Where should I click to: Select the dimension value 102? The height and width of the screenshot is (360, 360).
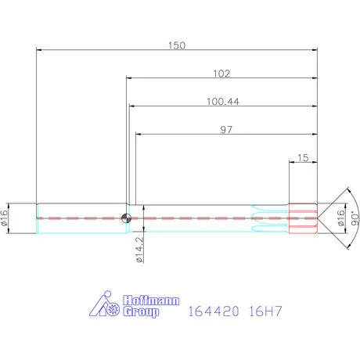221,74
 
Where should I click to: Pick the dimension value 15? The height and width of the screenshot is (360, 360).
303,158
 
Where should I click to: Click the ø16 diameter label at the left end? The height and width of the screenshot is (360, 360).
6,218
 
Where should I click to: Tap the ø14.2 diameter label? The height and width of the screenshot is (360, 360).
139,250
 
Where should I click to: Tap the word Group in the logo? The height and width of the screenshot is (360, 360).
142,311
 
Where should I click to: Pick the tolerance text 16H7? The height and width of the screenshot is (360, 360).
263,311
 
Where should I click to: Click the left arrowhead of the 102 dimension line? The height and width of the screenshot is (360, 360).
130,79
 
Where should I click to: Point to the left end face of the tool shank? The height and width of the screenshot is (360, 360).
38,218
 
